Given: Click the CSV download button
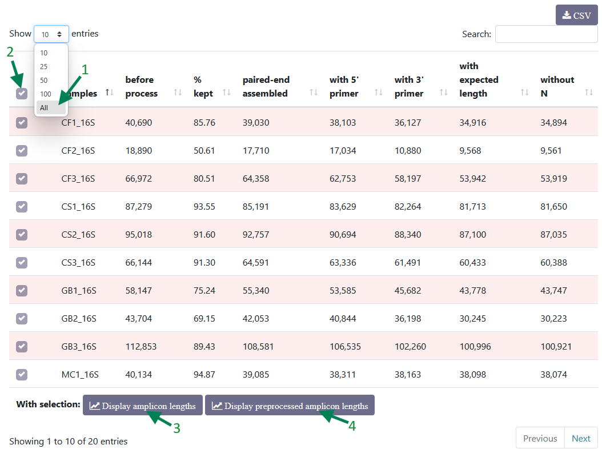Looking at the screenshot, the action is [x=576, y=15].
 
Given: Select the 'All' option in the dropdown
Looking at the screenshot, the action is [x=44, y=108].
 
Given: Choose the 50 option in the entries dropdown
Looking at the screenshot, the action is [x=44, y=81].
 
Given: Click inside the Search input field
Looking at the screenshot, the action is [x=546, y=34].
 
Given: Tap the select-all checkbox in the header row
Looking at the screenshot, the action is [x=22, y=93].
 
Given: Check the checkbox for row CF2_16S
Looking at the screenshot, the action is [x=22, y=151].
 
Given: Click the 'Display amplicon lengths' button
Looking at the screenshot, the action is [x=142, y=405].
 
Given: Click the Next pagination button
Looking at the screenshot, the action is [x=581, y=438].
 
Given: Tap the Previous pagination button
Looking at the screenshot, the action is [x=540, y=438].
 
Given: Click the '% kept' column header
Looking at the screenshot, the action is [x=203, y=86].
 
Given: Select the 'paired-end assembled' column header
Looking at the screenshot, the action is [x=266, y=86].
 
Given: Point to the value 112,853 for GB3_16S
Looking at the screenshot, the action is [x=141, y=346].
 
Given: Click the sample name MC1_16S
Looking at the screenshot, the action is [x=80, y=375].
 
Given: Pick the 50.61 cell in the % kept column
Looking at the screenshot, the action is [x=204, y=151].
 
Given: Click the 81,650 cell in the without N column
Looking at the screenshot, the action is [x=553, y=207].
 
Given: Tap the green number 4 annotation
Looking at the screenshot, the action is [x=352, y=426].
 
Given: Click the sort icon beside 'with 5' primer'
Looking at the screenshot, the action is [x=379, y=92].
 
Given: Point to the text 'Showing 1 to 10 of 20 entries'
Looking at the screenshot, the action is [x=69, y=442].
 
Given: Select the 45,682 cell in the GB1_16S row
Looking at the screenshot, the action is [x=408, y=291].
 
